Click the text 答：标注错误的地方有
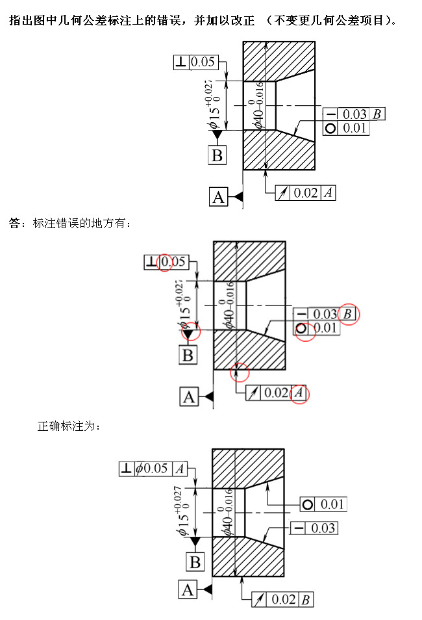click(66, 224)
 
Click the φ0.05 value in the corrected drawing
click(152, 469)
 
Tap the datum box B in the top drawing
click(217, 155)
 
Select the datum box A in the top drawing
click(219, 197)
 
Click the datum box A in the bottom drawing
click(188, 590)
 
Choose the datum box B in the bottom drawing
click(195, 562)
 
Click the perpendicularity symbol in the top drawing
click(181, 62)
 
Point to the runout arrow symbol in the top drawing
click(282, 193)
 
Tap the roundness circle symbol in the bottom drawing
click(308, 504)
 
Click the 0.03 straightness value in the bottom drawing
click(323, 528)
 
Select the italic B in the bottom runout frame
click(305, 600)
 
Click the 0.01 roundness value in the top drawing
click(354, 128)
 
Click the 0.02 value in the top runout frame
click(306, 193)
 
